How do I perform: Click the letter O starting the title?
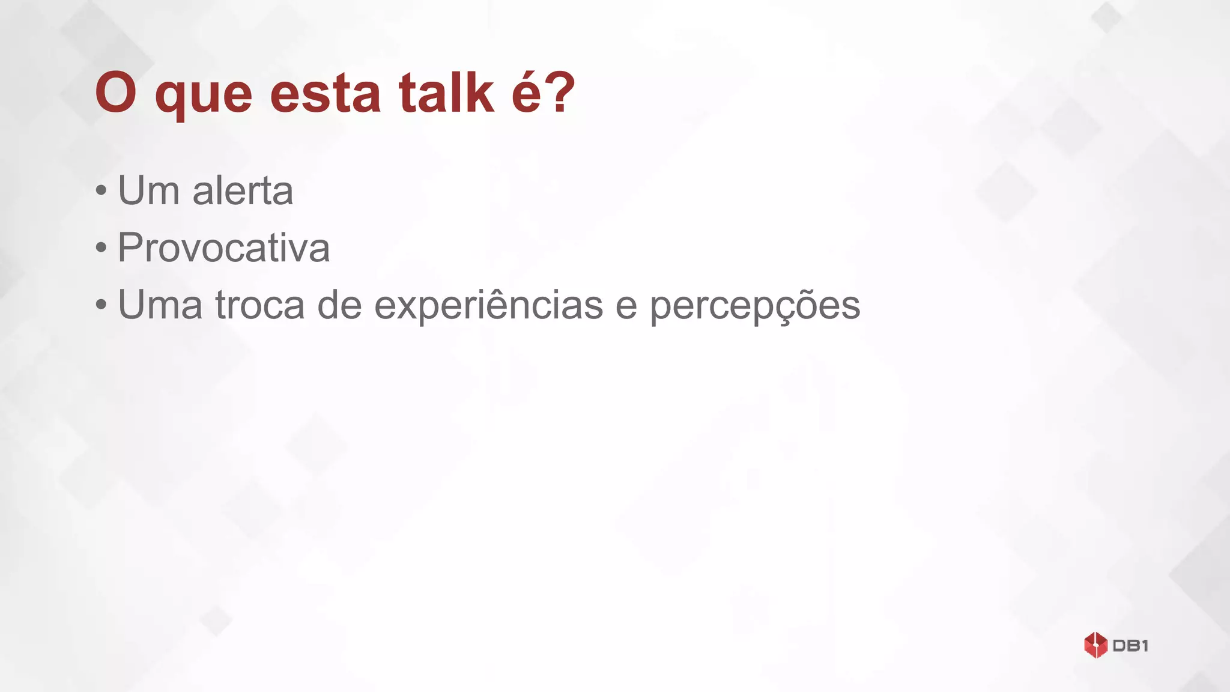[116, 93]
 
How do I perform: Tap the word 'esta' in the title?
[325, 93]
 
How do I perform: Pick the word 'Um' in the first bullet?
[148, 191]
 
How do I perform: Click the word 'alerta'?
[243, 191]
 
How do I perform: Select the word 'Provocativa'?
[223, 247]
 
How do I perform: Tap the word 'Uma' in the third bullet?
[160, 305]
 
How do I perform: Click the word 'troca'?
[260, 305]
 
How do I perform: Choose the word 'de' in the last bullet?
[339, 305]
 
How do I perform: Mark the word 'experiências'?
[488, 305]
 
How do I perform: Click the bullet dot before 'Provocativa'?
[101, 248]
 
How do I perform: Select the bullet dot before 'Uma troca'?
[101, 305]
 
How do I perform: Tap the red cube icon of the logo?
[1095, 645]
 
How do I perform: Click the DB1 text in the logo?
[1130, 646]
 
